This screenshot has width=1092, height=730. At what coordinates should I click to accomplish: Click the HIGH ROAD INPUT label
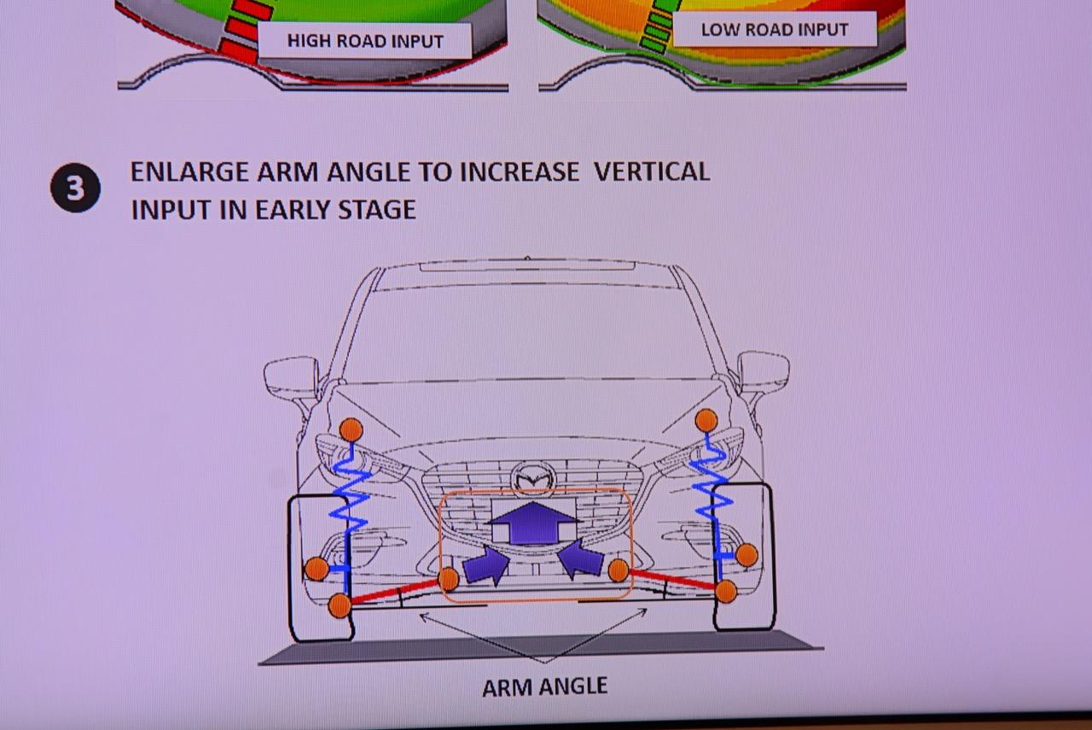[x=365, y=41]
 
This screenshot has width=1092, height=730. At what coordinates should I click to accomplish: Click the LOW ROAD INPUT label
[x=775, y=30]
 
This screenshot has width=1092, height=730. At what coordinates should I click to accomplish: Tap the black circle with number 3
[x=76, y=188]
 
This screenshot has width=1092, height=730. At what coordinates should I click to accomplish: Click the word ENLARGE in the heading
[x=190, y=172]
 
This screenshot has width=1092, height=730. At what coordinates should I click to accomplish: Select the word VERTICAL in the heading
[x=651, y=172]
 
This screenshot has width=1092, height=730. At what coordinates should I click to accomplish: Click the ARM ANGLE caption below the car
[x=545, y=686]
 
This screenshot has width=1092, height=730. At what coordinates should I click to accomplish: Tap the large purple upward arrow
[x=534, y=523]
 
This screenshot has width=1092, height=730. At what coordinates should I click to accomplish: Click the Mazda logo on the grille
[x=533, y=478]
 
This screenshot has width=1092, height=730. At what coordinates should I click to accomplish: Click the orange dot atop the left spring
[x=351, y=430]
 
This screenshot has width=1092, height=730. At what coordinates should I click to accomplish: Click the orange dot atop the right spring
[x=706, y=420]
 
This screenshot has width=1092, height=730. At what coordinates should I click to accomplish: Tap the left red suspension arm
[x=395, y=592]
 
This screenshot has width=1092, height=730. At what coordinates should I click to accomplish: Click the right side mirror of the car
[x=763, y=373]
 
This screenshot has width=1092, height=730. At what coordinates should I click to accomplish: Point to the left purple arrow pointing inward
[x=486, y=566]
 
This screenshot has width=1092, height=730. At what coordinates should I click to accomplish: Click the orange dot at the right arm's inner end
[x=619, y=570]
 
